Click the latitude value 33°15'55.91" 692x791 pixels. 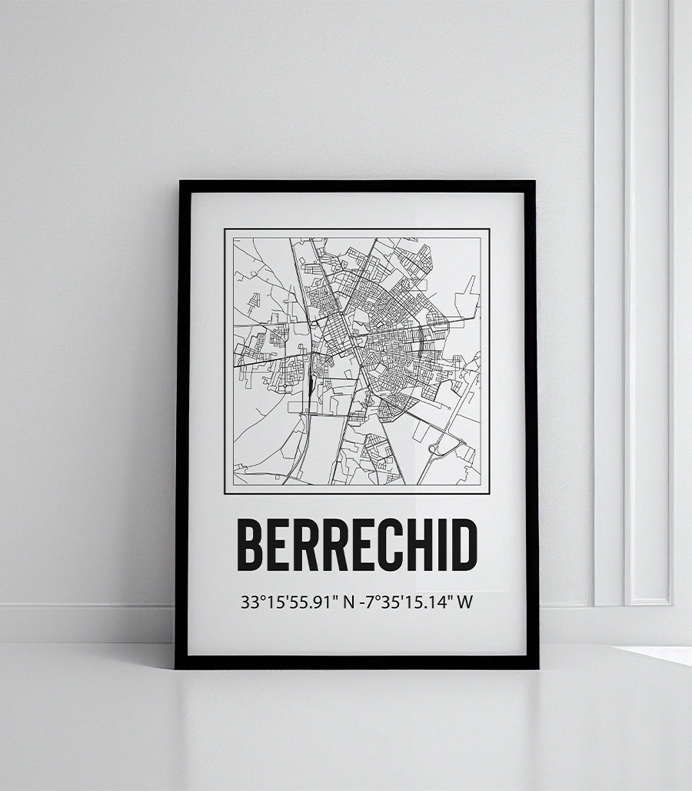289,602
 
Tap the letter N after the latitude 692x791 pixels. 348,602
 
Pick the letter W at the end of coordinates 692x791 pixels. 464,602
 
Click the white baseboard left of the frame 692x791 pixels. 85,622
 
